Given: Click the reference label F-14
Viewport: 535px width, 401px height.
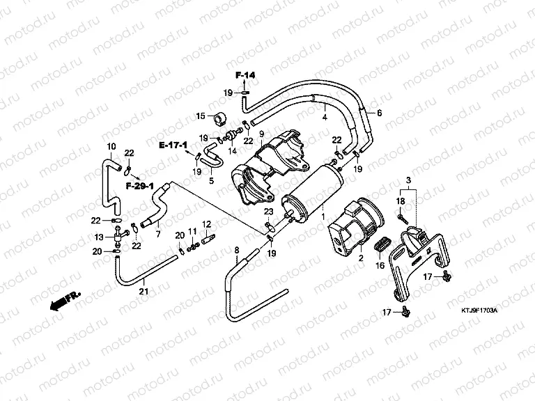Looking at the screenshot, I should point(245,74).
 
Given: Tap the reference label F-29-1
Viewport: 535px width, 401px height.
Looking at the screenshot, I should point(139,187).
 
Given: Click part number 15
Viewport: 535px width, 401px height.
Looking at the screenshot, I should point(201,116).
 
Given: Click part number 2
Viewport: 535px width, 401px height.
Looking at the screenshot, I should point(361,258).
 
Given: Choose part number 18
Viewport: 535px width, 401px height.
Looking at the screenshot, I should point(401,201).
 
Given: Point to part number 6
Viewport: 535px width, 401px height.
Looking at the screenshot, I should point(380,113).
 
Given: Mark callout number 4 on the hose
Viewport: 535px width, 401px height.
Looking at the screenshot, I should point(324,118).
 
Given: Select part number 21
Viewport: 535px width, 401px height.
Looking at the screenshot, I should point(144,290).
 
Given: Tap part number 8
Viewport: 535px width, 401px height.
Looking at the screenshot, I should point(236,249).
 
